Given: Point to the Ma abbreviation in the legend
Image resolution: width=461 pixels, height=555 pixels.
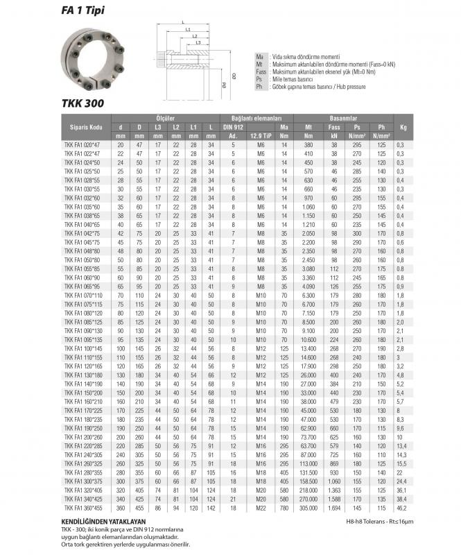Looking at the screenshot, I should pos(259,55).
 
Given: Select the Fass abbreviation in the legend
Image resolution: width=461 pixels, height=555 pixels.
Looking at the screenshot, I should pos(261,71).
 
